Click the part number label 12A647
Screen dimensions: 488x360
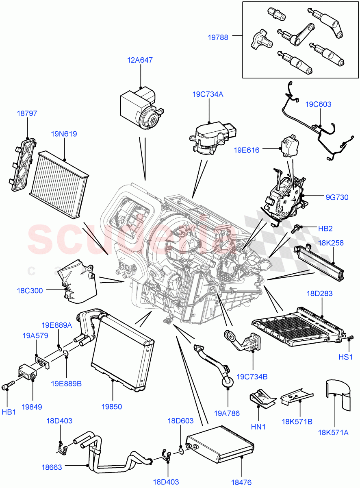140,60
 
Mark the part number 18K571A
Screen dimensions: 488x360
334,433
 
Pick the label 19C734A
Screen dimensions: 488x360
208,94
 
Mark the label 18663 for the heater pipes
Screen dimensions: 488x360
52,467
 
